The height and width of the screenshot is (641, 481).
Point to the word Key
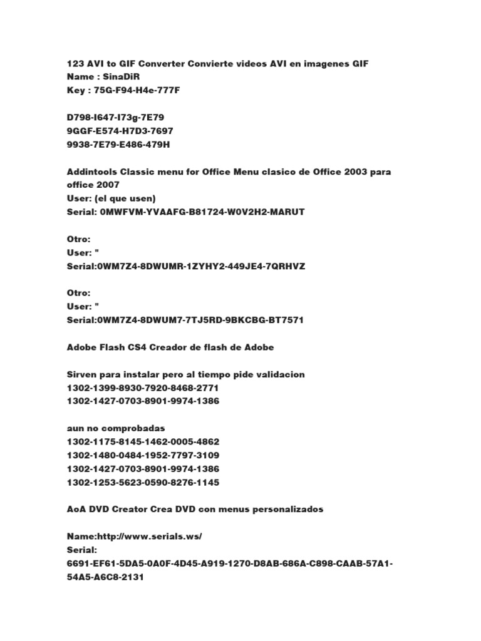click(76, 91)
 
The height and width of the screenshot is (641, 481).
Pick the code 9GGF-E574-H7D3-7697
click(120, 131)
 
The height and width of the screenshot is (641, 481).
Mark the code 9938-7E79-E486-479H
click(118, 145)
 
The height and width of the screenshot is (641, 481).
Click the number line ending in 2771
click(143, 388)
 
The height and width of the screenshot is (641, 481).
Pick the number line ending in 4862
click(143, 442)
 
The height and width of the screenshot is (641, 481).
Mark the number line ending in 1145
click(143, 483)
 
